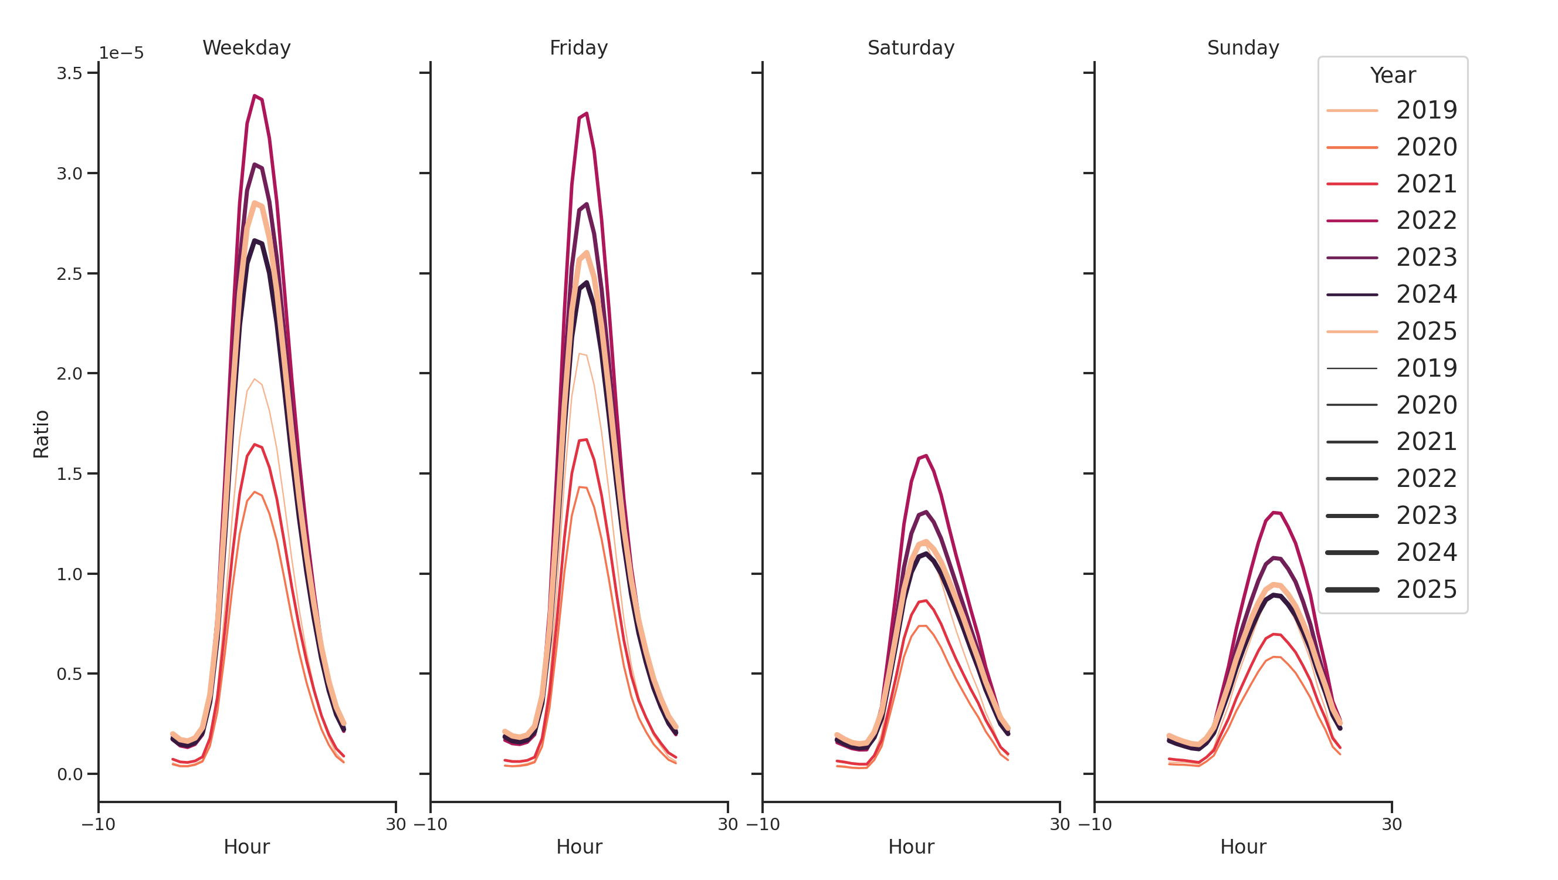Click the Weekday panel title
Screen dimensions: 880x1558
[x=246, y=48]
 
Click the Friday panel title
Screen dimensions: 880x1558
[x=578, y=48]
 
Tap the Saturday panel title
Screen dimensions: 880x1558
[x=910, y=48]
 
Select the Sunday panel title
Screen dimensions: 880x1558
[x=1242, y=48]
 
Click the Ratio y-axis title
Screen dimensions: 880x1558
[x=41, y=434]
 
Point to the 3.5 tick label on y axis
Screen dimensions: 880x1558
[x=69, y=74]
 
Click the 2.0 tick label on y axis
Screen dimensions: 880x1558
[x=69, y=374]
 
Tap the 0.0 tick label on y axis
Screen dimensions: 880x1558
[x=69, y=774]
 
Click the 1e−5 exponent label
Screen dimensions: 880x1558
[x=121, y=53]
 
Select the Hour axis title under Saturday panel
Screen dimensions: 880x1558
[x=910, y=847]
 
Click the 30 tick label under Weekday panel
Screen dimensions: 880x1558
[x=395, y=824]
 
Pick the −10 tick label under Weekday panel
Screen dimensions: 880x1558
[x=98, y=824]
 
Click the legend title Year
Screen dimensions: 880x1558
[x=1392, y=76]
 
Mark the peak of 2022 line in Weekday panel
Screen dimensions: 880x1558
[x=255, y=96]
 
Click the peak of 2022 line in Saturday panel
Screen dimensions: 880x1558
[x=926, y=456]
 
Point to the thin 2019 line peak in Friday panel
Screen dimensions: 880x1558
[x=580, y=354]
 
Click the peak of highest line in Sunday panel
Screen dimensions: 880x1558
[x=1274, y=513]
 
